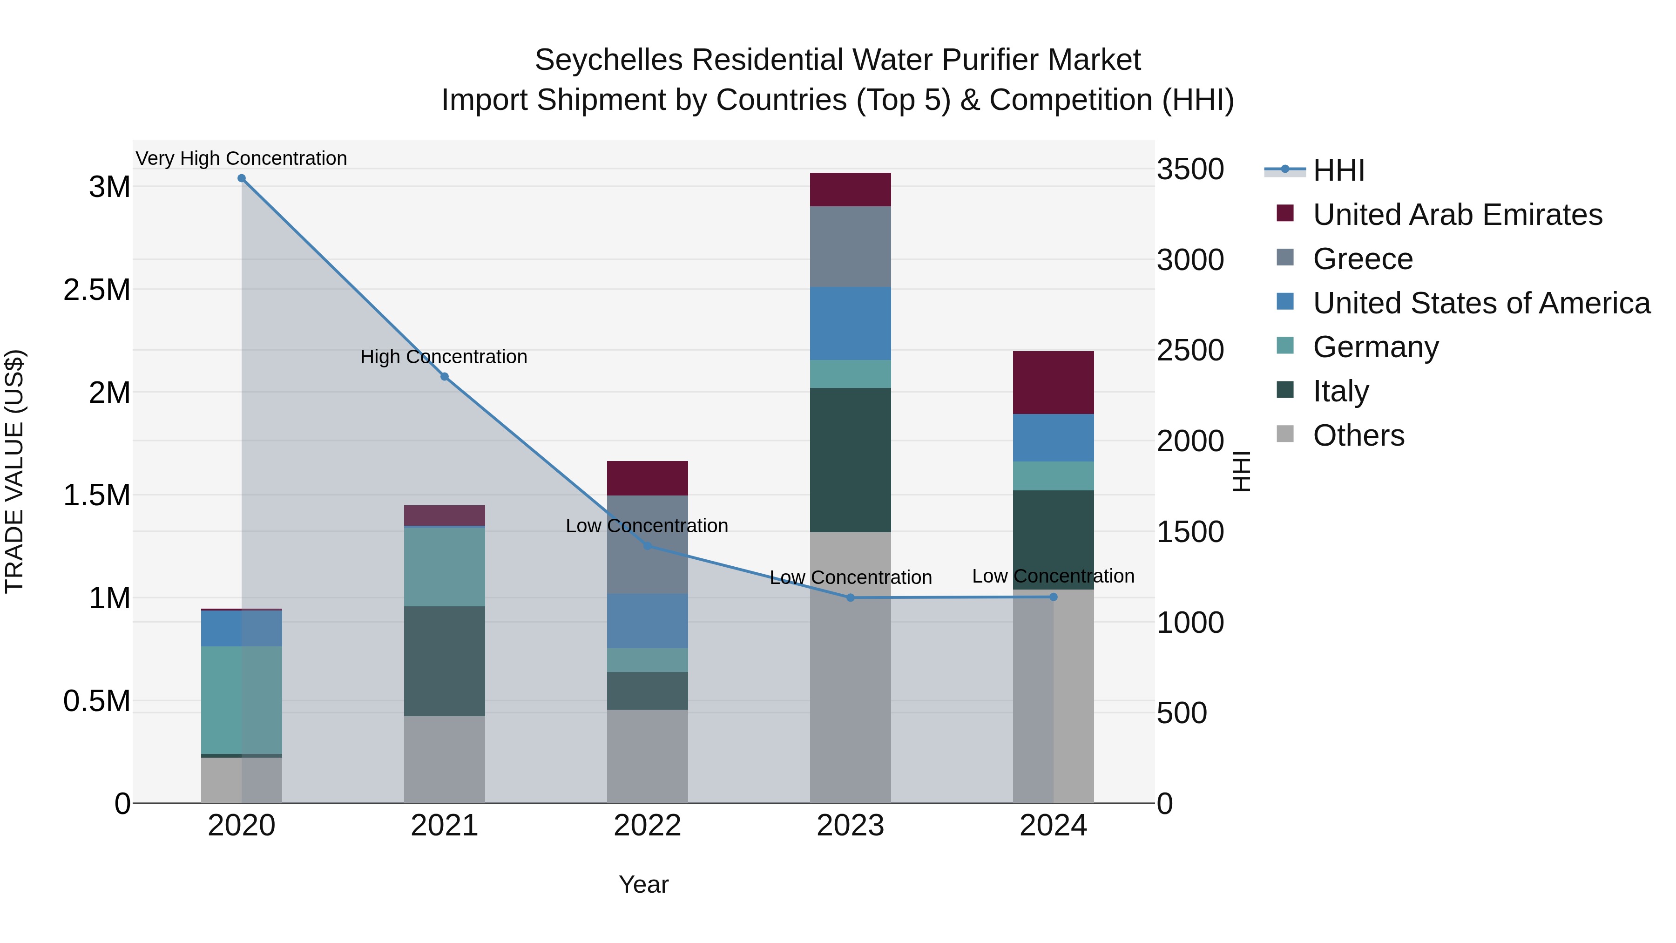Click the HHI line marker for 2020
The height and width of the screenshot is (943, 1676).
[x=241, y=178]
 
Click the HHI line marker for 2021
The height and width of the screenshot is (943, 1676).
[x=445, y=377]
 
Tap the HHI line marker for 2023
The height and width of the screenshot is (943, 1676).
[x=851, y=597]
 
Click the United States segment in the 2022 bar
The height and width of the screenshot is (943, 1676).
[x=648, y=621]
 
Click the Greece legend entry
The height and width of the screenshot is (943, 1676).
[x=1362, y=259]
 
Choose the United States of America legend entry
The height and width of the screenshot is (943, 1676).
[x=1481, y=303]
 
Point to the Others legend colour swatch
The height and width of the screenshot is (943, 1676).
[x=1285, y=434]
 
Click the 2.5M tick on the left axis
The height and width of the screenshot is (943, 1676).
[x=97, y=290]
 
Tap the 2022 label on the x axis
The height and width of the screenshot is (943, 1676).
[x=648, y=826]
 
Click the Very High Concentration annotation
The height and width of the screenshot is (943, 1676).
[x=241, y=158]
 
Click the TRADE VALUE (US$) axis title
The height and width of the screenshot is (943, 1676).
[x=14, y=471]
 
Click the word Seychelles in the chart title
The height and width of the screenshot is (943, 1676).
[x=609, y=60]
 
